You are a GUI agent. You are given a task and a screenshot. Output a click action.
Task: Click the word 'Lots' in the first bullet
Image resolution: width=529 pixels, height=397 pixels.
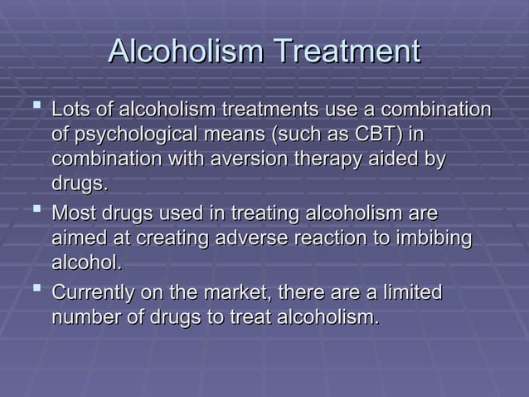pyautogui.click(x=70, y=110)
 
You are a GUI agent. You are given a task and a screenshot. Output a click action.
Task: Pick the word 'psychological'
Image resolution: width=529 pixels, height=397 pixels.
pyautogui.click(x=142, y=135)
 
